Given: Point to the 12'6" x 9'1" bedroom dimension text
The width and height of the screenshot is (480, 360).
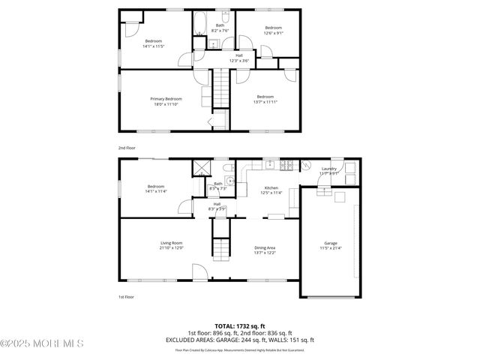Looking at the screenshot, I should click(x=273, y=32).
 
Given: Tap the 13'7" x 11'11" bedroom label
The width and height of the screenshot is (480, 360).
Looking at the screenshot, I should click(x=265, y=99).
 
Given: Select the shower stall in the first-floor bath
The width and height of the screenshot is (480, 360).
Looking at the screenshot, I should click(x=200, y=169).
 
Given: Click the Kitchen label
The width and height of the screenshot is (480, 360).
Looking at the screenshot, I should click(x=271, y=188).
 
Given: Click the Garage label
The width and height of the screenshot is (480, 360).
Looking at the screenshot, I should click(x=330, y=244).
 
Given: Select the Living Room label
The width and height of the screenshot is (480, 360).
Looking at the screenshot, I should click(x=171, y=244).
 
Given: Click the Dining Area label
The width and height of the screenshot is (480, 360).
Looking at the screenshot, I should click(x=265, y=247).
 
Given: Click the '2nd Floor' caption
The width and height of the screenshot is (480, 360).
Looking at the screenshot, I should click(x=127, y=148).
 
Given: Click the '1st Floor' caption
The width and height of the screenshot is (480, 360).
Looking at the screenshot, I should click(x=127, y=297).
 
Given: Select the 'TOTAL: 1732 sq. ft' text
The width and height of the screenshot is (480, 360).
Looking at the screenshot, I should click(x=239, y=326).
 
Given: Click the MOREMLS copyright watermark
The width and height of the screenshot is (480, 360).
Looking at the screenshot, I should click(x=41, y=343).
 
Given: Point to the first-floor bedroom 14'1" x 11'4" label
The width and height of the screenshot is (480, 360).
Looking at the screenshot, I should click(x=156, y=189).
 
